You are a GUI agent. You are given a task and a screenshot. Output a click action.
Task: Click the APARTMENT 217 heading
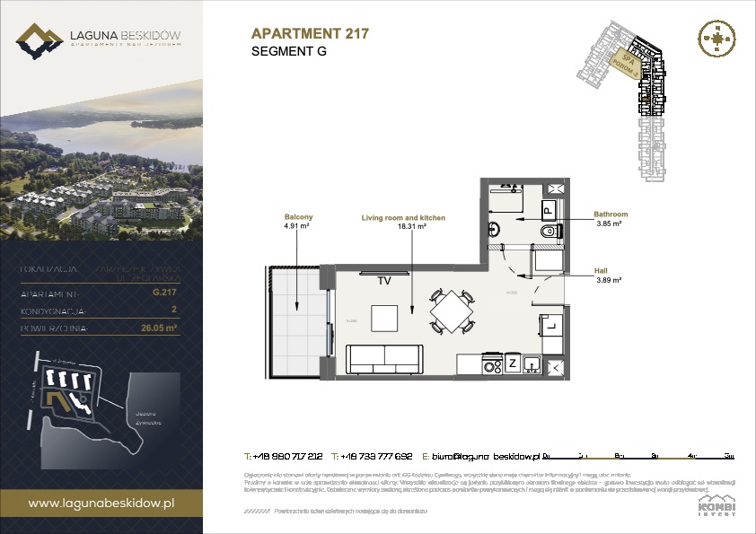pos(310,34)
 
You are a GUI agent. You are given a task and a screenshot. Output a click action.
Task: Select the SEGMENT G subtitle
pos(289,52)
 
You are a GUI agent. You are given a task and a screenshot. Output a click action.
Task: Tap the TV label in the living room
pos(383,281)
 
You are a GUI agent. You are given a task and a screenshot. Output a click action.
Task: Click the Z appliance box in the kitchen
pos(513,364)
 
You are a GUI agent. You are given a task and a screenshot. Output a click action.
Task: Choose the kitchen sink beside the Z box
pos(532,364)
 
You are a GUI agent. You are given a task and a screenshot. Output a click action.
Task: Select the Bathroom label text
pos(610,214)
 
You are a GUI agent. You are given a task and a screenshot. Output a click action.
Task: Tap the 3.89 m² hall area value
pos(610,279)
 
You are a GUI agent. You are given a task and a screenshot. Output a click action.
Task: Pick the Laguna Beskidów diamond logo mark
pos(39,41)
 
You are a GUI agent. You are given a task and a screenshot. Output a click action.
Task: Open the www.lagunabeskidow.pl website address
pos(101,503)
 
